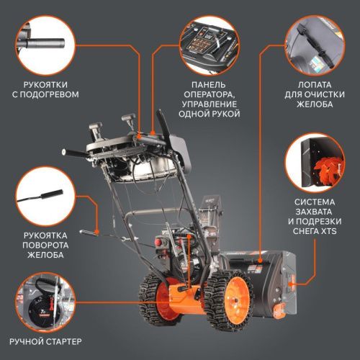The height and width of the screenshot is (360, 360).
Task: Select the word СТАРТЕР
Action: pyautogui.click(x=63, y=341)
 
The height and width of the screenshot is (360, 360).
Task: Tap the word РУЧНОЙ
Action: pyautogui.click(x=27, y=341)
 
